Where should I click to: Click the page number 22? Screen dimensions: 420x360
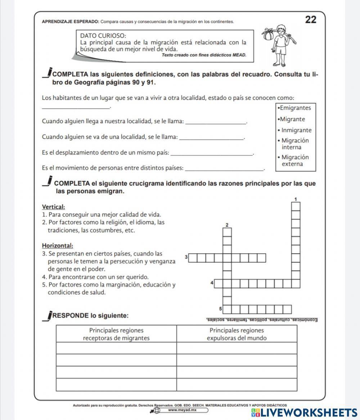point(311,20)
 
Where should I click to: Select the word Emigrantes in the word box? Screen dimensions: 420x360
point(295,108)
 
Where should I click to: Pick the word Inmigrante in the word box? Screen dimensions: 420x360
point(296,130)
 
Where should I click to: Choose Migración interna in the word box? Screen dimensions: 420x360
point(295,144)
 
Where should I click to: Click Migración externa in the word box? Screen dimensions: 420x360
point(295,161)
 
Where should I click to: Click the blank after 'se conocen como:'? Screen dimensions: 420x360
point(76,107)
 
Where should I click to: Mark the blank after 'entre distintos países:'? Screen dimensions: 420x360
point(226,168)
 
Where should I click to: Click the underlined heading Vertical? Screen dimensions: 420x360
point(54,207)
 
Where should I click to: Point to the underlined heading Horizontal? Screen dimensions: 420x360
point(58,246)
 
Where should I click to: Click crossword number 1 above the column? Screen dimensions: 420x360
point(296,199)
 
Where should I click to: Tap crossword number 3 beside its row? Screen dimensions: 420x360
point(186,257)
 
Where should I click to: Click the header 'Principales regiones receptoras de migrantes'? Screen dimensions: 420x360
point(116,334)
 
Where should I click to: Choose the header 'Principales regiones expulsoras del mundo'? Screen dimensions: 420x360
point(237,334)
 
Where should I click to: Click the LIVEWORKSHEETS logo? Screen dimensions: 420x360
point(304,412)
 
